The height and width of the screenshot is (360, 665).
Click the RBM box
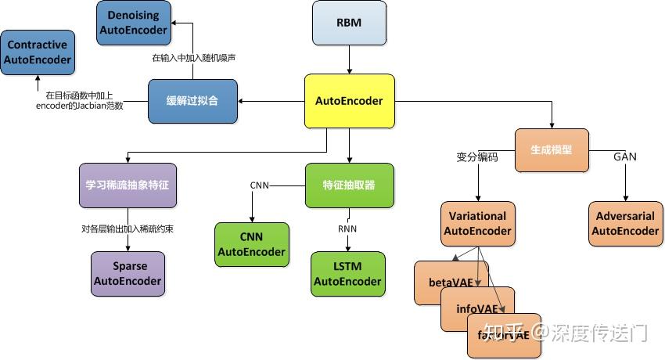tap(349, 22)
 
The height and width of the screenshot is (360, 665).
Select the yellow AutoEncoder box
tap(349, 101)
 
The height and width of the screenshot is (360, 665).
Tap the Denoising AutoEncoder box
tap(134, 22)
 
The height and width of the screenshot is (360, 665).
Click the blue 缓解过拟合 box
tap(192, 101)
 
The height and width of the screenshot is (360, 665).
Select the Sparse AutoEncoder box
tap(128, 273)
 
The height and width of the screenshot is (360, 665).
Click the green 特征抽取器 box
tap(349, 185)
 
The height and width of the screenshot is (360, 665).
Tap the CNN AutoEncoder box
tap(252, 244)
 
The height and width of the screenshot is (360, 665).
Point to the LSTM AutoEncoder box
tap(348, 274)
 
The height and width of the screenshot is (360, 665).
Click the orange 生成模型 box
tap(552, 150)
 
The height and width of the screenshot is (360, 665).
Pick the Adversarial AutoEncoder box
tap(625, 223)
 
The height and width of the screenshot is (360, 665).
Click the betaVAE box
tap(448, 280)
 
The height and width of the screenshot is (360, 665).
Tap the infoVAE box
tap(474, 308)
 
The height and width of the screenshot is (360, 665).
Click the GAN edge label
tap(625, 157)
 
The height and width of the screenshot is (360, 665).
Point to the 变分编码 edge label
tap(477, 157)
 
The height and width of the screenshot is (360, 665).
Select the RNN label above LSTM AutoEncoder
tap(347, 229)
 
